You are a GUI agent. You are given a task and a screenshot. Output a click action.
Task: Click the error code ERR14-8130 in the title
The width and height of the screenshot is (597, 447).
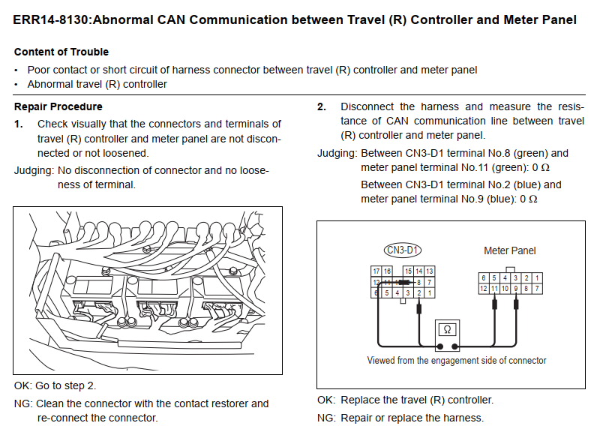point(51,19)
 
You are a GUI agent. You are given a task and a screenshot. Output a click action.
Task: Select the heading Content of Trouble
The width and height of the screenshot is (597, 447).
point(61,52)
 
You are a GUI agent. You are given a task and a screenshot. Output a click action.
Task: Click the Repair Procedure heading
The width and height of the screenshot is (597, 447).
point(58,106)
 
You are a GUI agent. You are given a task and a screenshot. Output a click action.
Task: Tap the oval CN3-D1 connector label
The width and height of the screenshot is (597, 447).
point(403,250)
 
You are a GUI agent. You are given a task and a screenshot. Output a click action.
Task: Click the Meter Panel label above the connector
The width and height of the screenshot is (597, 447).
point(509,250)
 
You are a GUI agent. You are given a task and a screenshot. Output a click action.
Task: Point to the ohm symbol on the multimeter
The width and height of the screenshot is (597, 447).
point(447,329)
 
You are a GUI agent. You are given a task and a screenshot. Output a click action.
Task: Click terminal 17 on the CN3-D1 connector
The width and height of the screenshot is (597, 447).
point(376,271)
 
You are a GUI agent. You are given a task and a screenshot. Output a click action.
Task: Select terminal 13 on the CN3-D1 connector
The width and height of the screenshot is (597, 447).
point(430,271)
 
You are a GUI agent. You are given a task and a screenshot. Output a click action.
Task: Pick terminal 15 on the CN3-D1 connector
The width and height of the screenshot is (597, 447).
point(408,271)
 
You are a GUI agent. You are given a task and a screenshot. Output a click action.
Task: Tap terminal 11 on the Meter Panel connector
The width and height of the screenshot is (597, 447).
point(494,288)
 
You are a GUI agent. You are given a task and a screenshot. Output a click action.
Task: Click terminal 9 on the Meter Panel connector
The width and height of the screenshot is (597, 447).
point(515,288)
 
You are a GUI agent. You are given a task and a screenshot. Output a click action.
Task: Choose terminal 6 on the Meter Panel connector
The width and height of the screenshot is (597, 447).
point(484,278)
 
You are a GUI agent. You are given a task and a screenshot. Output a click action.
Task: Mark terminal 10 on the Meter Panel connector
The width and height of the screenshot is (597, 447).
point(505,288)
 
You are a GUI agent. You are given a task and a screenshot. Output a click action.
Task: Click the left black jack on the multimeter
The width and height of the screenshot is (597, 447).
point(439,346)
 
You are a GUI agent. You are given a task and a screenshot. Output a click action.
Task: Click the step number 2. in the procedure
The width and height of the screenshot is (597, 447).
point(322,106)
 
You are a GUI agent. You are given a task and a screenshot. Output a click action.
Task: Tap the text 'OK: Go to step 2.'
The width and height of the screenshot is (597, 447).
point(55,385)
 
